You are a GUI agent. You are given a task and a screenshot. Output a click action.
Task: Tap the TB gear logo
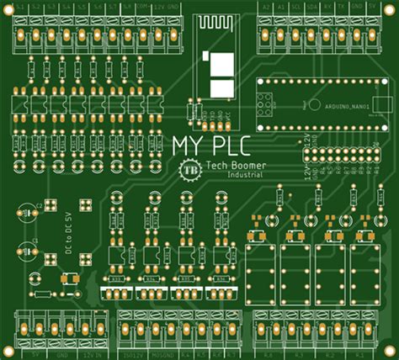(188, 169)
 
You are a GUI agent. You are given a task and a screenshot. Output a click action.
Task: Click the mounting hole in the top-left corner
(8, 8)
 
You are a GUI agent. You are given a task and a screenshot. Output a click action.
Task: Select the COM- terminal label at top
(144, 7)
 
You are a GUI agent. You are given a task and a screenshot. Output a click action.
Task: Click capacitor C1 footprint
(28, 249)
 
